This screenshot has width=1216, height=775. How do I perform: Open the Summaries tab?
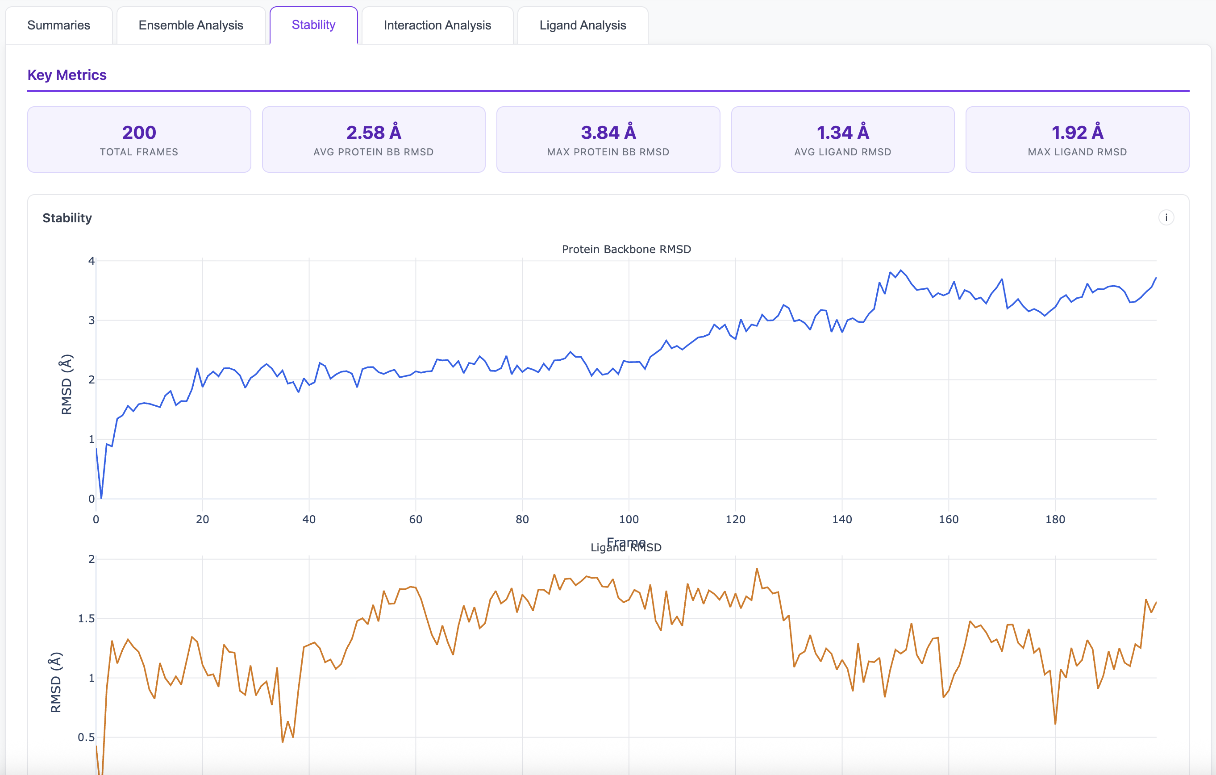pyautogui.click(x=58, y=25)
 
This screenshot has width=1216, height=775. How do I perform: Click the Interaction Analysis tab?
pyautogui.click(x=437, y=25)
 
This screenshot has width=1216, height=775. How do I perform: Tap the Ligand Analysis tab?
pyautogui.click(x=582, y=25)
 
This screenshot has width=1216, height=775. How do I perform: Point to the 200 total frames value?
pyautogui.click(x=139, y=132)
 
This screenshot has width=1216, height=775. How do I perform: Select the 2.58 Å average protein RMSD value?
pyautogui.click(x=373, y=132)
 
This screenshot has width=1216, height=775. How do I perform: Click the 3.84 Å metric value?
pyautogui.click(x=608, y=132)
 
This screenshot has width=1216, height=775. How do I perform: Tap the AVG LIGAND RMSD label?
pyautogui.click(x=842, y=152)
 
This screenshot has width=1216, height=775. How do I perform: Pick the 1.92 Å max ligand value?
pyautogui.click(x=1077, y=132)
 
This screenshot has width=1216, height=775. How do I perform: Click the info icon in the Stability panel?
pyautogui.click(x=1166, y=217)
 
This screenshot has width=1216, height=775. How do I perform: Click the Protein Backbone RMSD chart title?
pyautogui.click(x=626, y=249)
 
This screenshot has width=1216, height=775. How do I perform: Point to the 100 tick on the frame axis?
pyautogui.click(x=629, y=519)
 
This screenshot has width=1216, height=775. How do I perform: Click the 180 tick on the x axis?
pyautogui.click(x=1055, y=519)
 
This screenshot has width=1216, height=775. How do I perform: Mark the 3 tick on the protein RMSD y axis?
pyautogui.click(x=92, y=320)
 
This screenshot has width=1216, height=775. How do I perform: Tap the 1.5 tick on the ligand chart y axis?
pyautogui.click(x=86, y=618)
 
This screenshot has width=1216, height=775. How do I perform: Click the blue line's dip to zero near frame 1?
pyautogui.click(x=101, y=497)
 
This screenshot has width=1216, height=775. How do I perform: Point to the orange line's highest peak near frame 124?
pyautogui.click(x=757, y=569)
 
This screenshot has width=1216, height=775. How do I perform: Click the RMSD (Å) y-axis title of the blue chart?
pyautogui.click(x=66, y=384)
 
